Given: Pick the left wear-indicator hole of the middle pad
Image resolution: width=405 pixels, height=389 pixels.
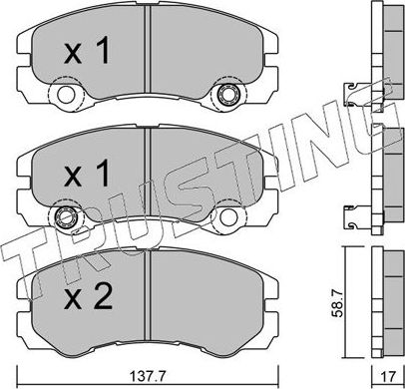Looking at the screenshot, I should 68,218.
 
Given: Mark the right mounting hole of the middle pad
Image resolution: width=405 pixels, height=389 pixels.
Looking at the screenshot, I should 227,217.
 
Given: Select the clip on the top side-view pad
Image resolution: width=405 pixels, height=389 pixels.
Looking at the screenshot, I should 353,94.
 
